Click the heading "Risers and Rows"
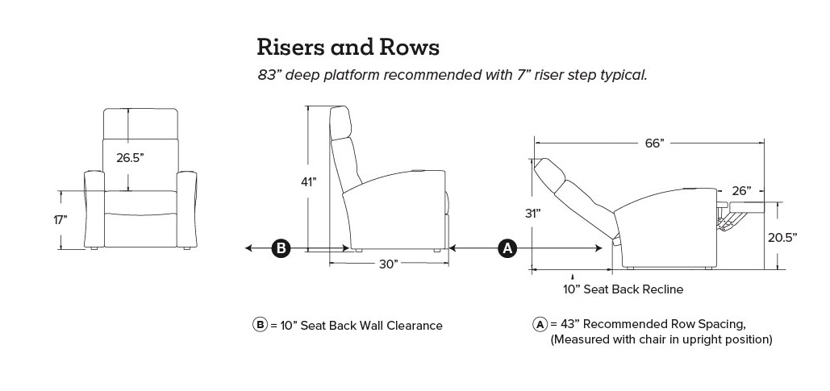pyautogui.click(x=348, y=47)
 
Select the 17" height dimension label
pyautogui.click(x=61, y=219)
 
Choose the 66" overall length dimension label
pyautogui.click(x=654, y=144)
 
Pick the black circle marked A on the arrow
pyautogui.click(x=507, y=248)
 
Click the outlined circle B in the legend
pyautogui.click(x=260, y=326)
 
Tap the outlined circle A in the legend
pyautogui.click(x=540, y=324)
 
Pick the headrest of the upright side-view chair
pyautogui.click(x=343, y=123)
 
